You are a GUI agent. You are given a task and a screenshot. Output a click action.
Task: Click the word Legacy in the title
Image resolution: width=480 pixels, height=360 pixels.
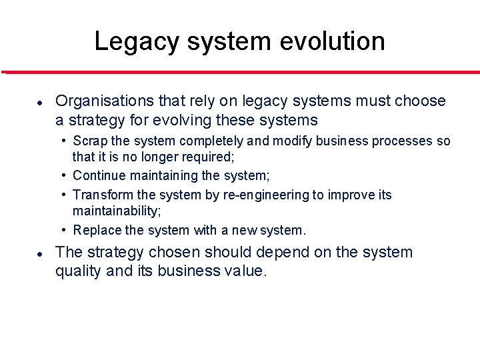click(135, 41)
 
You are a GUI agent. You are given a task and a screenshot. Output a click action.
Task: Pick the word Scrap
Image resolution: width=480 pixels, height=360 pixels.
click(89, 141)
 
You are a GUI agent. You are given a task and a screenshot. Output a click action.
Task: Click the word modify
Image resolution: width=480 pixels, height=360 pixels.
click(287, 141)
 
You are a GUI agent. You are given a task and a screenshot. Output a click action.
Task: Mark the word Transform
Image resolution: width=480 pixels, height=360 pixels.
click(102, 195)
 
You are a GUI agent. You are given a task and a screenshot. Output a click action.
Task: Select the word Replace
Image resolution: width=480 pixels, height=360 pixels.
click(97, 231)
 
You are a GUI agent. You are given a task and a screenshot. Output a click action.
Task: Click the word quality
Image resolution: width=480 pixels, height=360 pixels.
click(78, 271)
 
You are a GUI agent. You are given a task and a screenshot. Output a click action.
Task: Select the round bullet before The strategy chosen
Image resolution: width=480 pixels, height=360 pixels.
click(40, 254)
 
